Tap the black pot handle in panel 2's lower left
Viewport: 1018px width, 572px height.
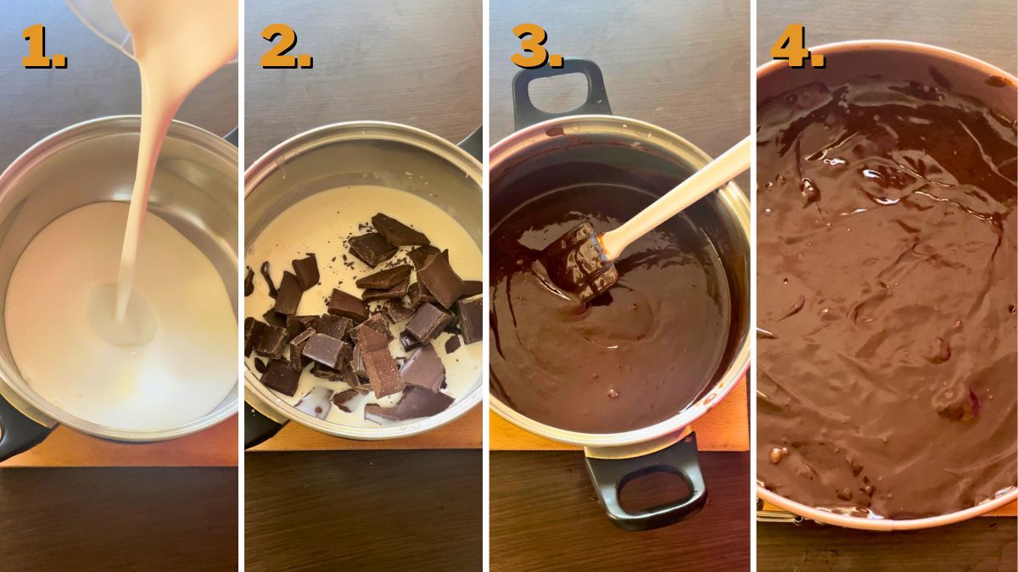point(255,424)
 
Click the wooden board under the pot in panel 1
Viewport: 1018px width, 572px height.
point(127,449)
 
